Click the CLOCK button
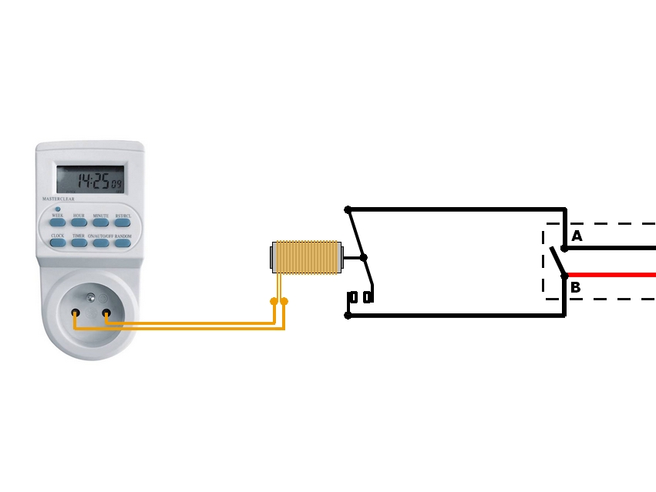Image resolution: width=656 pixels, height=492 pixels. (x=58, y=243)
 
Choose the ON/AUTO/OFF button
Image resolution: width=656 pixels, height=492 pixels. (x=101, y=243)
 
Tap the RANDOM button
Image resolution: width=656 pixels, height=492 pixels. (x=123, y=243)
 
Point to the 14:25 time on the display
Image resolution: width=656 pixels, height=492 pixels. (x=92, y=182)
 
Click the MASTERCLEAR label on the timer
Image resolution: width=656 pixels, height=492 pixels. (x=59, y=199)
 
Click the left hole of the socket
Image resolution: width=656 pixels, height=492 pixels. (x=76, y=313)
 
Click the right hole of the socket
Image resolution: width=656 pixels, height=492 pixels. (x=106, y=313)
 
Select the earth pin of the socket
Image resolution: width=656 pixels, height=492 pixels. (x=91, y=296)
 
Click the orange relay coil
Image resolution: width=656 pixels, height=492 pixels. (x=306, y=257)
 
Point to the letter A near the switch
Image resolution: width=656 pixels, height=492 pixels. (x=577, y=236)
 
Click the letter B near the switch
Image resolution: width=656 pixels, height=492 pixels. (x=575, y=288)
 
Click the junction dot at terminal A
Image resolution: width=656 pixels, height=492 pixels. (x=564, y=248)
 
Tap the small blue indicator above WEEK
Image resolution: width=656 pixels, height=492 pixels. (x=58, y=209)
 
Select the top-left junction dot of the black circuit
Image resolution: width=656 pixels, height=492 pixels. (x=348, y=209)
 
